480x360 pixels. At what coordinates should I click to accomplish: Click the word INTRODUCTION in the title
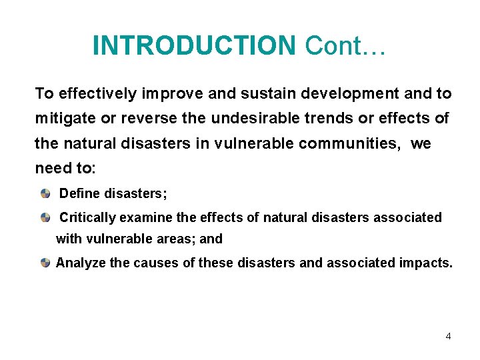coord(193,45)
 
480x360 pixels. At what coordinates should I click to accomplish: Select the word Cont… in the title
coord(345,45)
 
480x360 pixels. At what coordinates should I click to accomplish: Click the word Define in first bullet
coord(78,194)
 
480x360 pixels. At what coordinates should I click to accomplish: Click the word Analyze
coord(81,263)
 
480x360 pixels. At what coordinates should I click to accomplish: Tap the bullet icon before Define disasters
coord(45,194)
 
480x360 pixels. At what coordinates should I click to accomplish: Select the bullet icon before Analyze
coord(45,263)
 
